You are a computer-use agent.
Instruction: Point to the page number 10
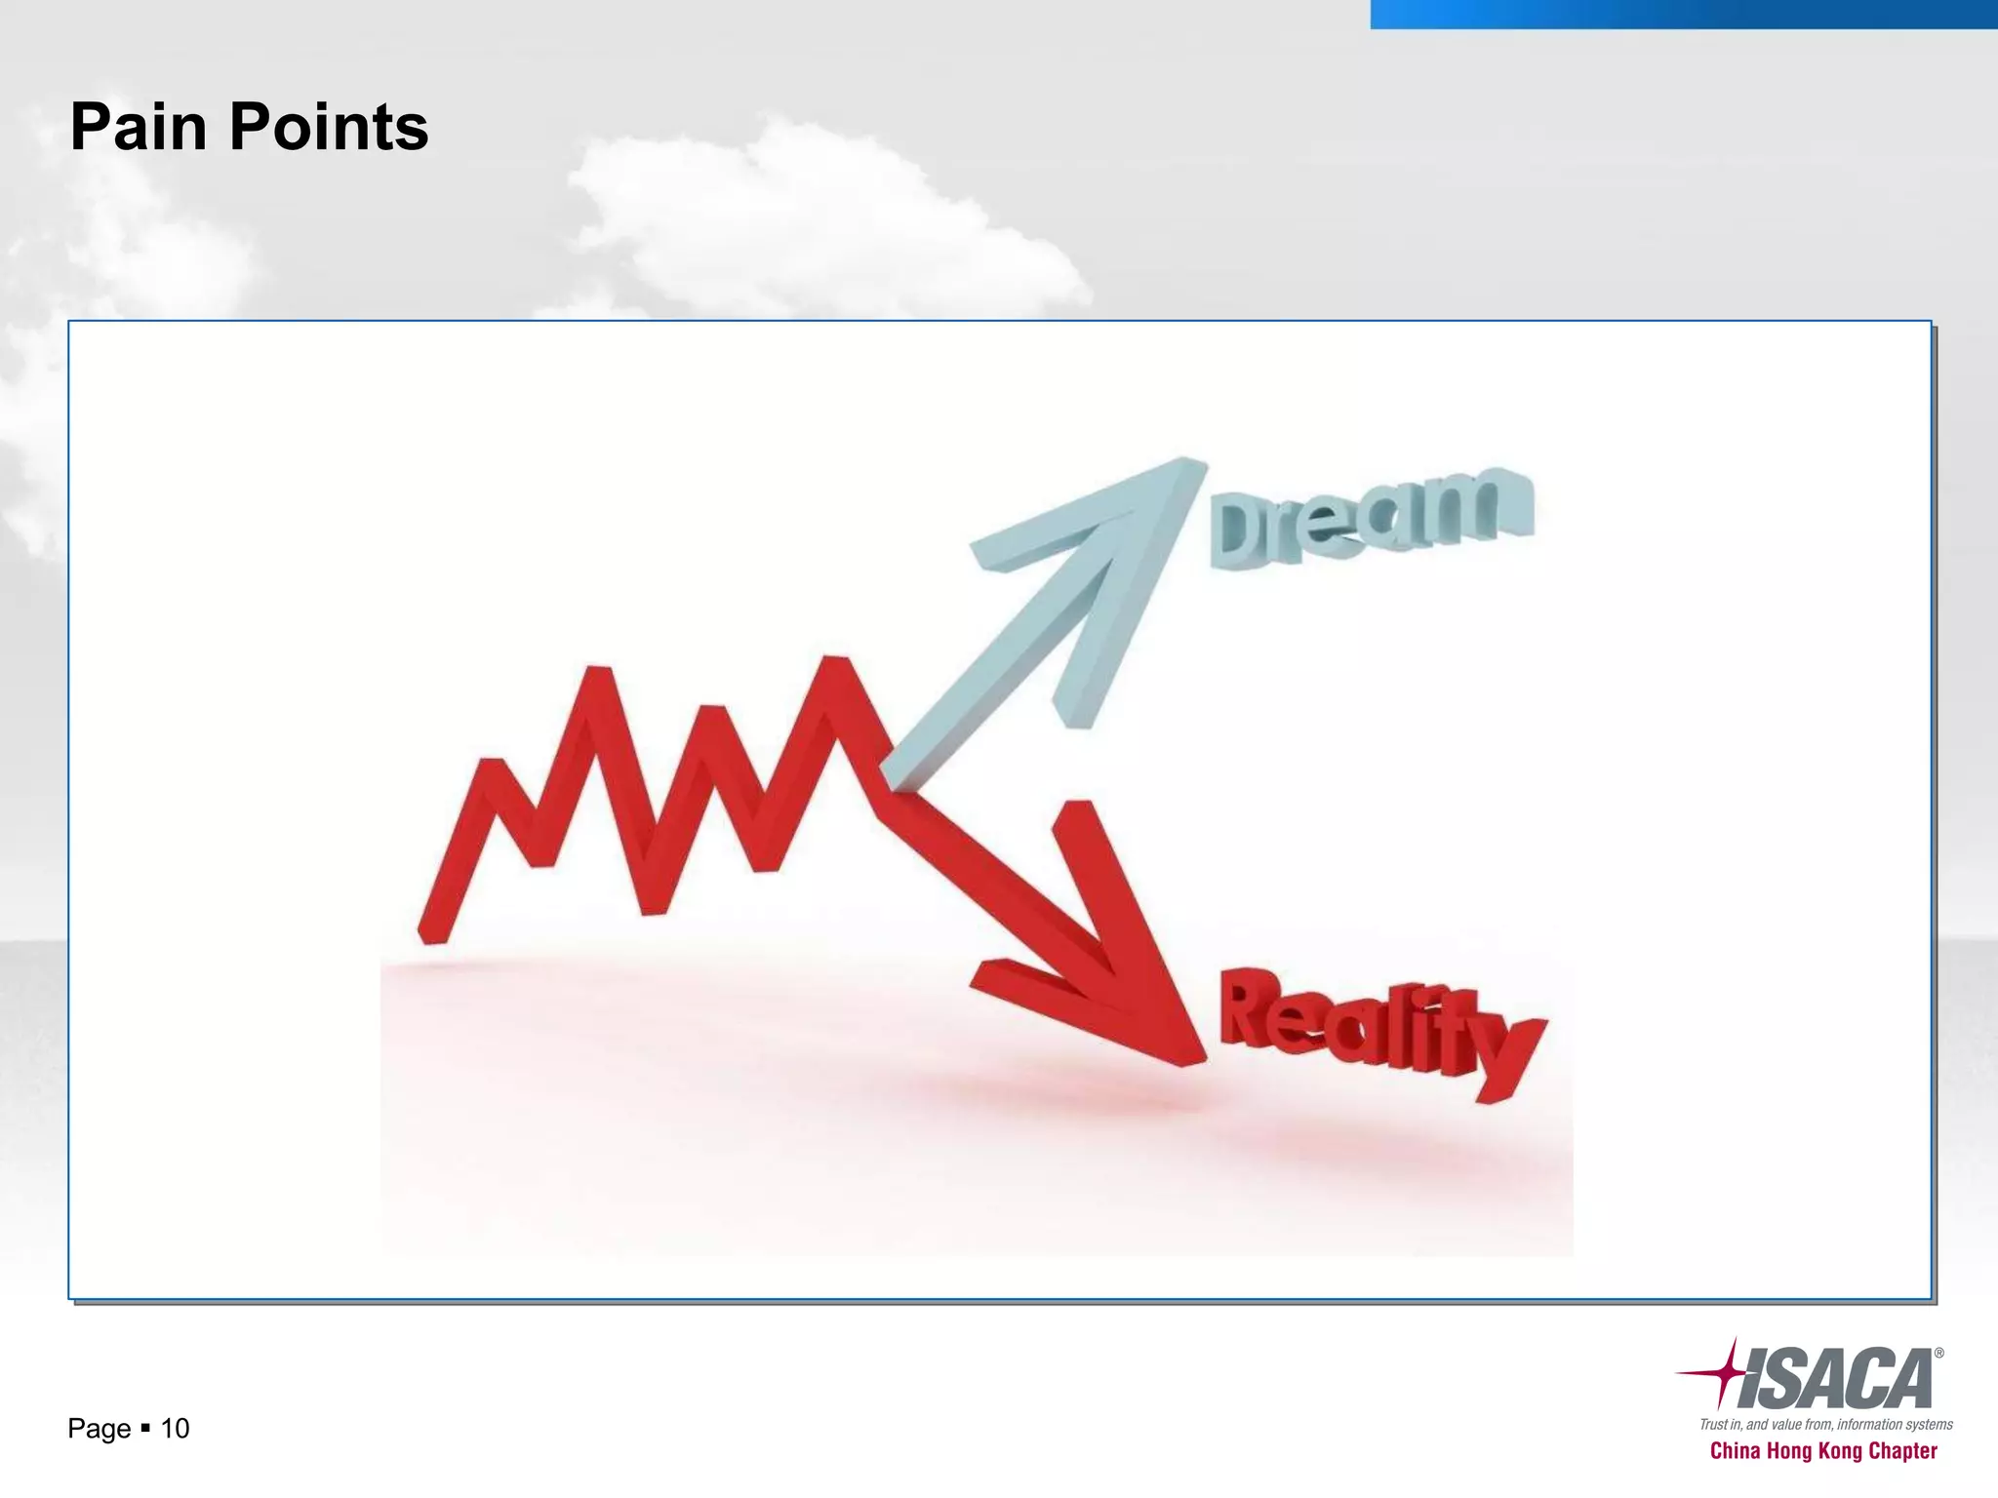tap(175, 1429)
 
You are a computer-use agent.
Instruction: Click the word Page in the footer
tap(99, 1429)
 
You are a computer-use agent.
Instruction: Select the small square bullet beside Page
tap(145, 1428)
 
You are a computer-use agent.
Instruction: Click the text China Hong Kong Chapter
tap(1822, 1451)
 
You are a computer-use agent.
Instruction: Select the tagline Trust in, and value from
tap(1825, 1424)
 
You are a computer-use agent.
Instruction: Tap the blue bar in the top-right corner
tap(1683, 14)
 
